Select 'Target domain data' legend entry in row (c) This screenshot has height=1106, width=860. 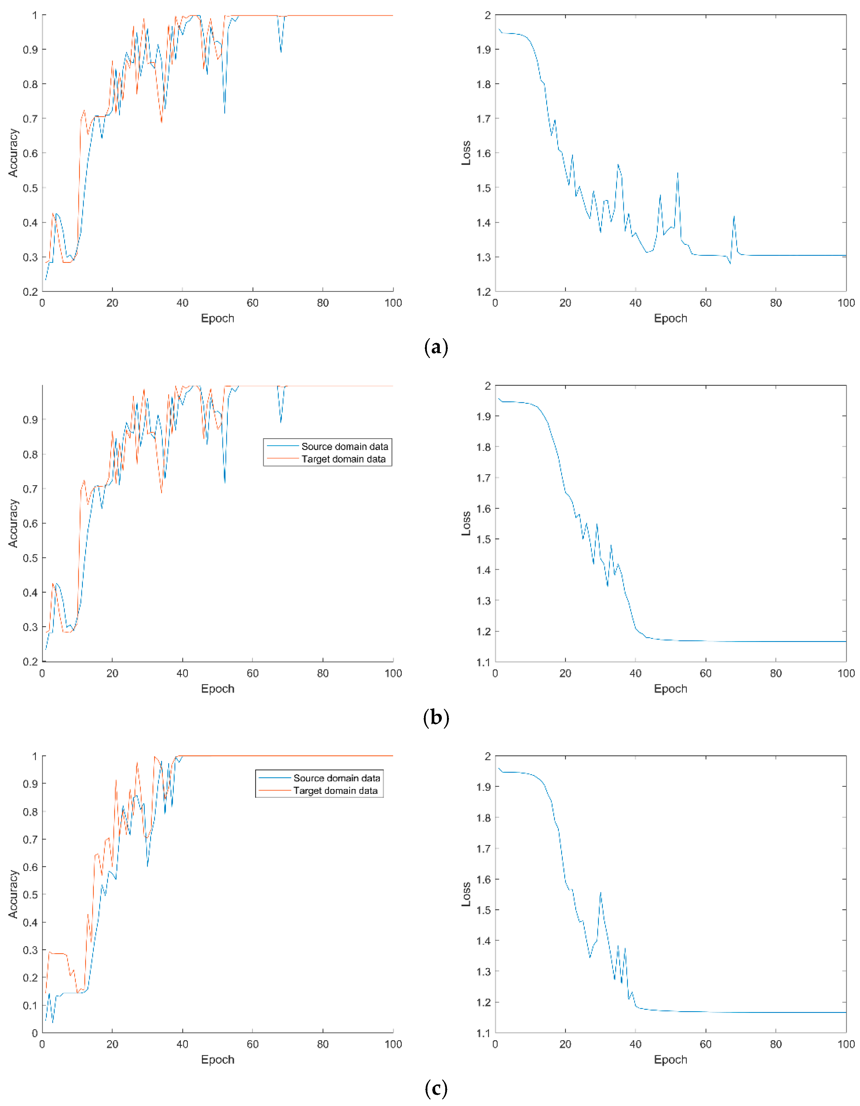pos(335,790)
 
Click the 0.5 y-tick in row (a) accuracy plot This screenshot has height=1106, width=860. pos(31,188)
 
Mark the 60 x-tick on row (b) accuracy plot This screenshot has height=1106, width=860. pos(252,673)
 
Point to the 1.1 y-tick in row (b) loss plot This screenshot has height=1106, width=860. pos(483,661)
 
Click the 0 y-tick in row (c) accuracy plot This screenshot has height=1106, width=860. pos(35,1033)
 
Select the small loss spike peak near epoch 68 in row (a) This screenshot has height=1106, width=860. pos(734,216)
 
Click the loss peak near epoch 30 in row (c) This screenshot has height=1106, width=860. pos(601,893)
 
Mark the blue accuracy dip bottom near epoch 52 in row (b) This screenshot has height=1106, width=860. pos(225,483)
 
